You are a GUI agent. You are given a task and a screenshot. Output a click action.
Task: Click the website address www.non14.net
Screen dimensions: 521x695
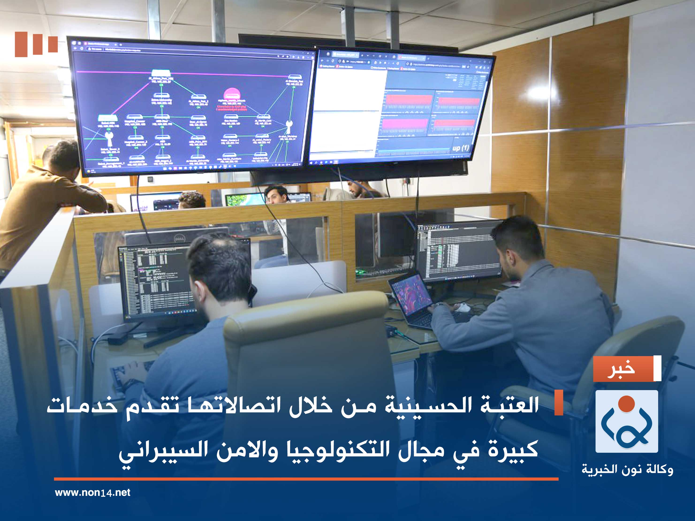point(92,492)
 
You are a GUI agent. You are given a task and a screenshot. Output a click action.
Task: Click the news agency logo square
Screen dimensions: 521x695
point(627,421)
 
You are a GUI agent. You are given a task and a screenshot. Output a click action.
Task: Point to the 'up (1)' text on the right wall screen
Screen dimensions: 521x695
point(461,148)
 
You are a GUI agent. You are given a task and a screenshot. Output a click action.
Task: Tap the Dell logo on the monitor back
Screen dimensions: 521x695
point(179,239)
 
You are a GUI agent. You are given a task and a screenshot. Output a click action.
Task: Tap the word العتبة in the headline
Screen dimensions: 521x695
point(509,405)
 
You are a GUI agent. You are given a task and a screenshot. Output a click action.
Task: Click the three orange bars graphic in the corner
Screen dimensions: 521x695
point(36,44)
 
